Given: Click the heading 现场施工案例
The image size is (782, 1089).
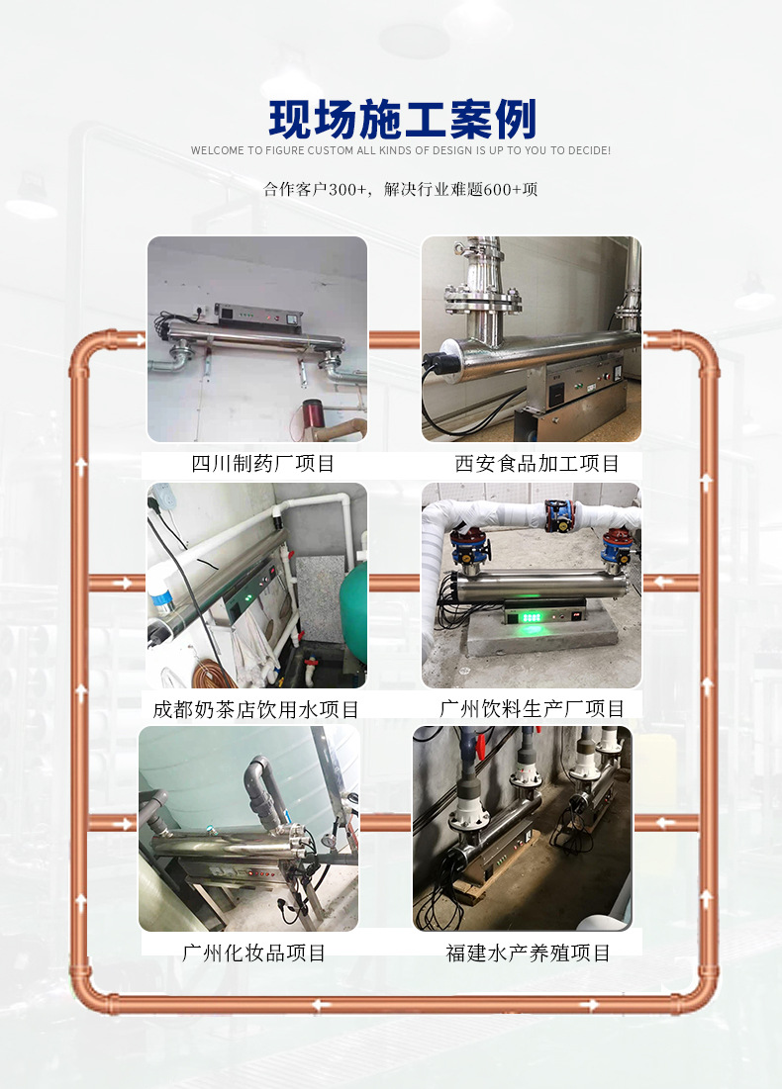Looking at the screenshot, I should click(402, 120).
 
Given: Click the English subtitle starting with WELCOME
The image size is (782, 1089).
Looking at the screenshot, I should click(400, 151).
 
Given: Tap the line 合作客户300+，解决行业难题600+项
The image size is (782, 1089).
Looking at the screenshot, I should click(401, 189).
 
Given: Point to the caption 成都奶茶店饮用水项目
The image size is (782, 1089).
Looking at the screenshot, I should click(255, 709).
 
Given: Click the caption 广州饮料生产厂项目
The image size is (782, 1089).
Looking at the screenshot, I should click(533, 709).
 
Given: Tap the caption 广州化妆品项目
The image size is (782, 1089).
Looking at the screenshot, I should click(253, 953).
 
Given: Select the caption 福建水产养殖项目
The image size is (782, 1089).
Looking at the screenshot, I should click(528, 953).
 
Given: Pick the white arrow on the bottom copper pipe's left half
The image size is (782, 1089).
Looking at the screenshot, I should click(319, 1005).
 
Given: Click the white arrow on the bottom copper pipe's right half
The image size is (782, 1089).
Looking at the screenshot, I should click(590, 1005).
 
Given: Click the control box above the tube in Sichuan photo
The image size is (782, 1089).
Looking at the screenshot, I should click(244, 316).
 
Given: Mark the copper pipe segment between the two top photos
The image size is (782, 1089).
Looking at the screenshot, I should click(394, 339).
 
